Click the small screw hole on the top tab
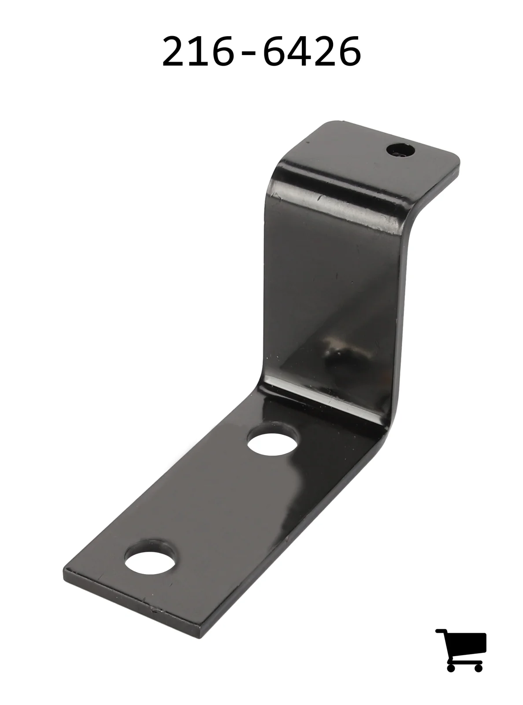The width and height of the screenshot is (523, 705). coord(401,150)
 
